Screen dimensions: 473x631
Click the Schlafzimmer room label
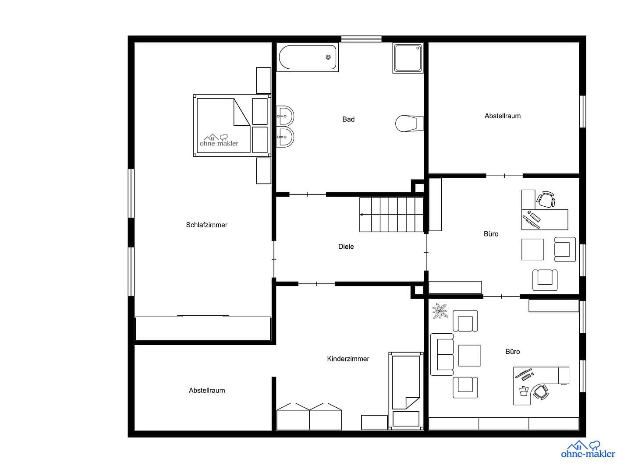pyautogui.click(x=206, y=225)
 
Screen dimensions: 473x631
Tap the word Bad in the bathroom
pyautogui.click(x=348, y=119)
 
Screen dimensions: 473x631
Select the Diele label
pyautogui.click(x=346, y=247)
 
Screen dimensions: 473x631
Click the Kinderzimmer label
pyautogui.click(x=348, y=359)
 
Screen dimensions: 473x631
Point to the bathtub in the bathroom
pyautogui.click(x=308, y=57)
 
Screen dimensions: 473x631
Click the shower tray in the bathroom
pyautogui.click(x=408, y=57)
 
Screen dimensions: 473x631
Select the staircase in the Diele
pyautogui.click(x=392, y=215)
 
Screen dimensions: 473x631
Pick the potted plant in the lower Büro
pyautogui.click(x=440, y=311)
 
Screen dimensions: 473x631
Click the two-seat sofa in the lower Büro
pyautogui.click(x=442, y=354)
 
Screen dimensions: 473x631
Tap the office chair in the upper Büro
pyautogui.click(x=546, y=200)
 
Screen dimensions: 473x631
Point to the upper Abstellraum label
pyautogui.click(x=502, y=116)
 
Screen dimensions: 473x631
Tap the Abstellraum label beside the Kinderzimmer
pyautogui.click(x=207, y=390)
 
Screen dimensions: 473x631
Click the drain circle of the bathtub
pyautogui.click(x=328, y=57)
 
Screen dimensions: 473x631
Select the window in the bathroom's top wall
pyautogui.click(x=361, y=39)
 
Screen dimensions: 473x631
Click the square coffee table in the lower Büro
pyautogui.click(x=469, y=355)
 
